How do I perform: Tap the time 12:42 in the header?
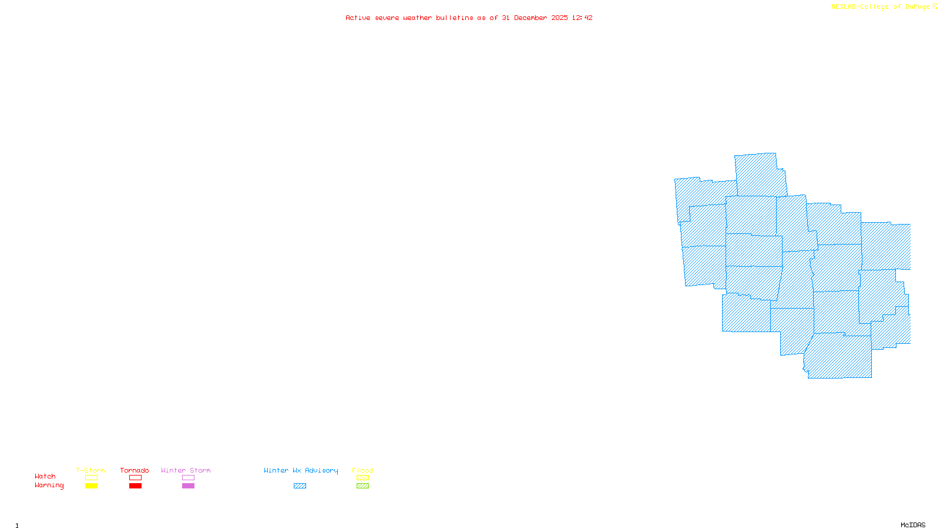pyautogui.click(x=582, y=18)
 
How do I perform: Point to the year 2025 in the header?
pyautogui.click(x=559, y=18)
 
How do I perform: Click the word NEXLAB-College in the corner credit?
pyautogui.click(x=860, y=7)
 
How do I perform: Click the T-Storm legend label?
pyautogui.click(x=90, y=470)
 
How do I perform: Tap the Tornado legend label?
pyautogui.click(x=135, y=470)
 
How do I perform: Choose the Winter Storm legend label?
pyautogui.click(x=186, y=470)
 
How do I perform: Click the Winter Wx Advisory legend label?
pyautogui.click(x=301, y=470)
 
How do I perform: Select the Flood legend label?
pyautogui.click(x=362, y=470)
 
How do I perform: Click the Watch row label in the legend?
pyautogui.click(x=45, y=476)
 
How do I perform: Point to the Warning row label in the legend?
pyautogui.click(x=49, y=486)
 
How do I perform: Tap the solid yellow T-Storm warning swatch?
pyautogui.click(x=91, y=486)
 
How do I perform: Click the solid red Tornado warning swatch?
pyautogui.click(x=135, y=486)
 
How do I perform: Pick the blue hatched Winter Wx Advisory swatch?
pyautogui.click(x=300, y=486)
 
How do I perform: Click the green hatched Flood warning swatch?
pyautogui.click(x=362, y=486)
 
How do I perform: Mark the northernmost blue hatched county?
pyautogui.click(x=759, y=175)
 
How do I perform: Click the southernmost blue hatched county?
pyautogui.click(x=839, y=357)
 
